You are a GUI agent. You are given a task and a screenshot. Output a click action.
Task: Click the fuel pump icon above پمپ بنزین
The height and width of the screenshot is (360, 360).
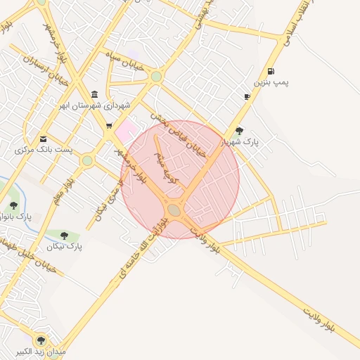(x=271, y=71)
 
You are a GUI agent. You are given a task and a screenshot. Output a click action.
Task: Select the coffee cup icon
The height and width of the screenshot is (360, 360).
(x=247, y=96)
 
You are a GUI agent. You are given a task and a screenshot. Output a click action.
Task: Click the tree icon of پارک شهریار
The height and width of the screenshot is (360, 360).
(x=239, y=131)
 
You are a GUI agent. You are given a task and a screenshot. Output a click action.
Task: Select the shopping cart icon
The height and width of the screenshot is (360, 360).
(x=109, y=126)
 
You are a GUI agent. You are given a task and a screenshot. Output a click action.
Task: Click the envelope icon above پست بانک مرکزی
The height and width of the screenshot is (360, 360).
(x=44, y=139)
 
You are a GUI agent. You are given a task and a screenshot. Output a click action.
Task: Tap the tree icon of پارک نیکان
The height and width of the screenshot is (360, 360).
(x=65, y=236)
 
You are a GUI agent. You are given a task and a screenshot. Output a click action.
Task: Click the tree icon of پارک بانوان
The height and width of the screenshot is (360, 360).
(x=13, y=205)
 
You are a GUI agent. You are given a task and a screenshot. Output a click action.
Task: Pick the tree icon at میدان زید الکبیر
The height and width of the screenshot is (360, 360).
(x=40, y=340)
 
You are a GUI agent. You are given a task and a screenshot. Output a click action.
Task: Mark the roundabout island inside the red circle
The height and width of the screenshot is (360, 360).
(x=174, y=210)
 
